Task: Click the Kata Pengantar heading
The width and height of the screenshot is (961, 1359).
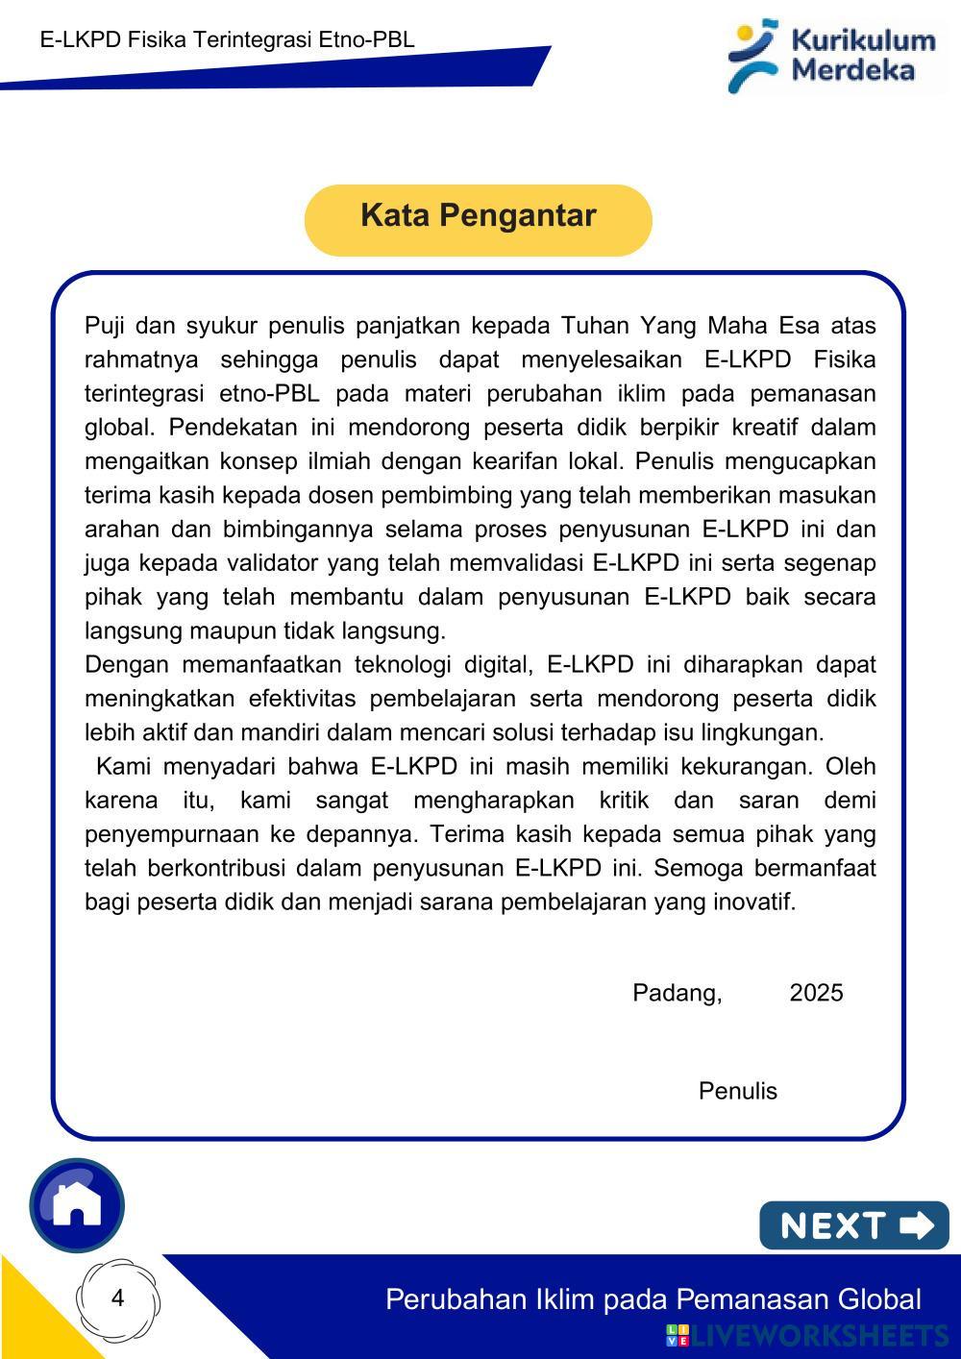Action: coord(478,216)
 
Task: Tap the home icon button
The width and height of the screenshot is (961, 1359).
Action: coord(77,1204)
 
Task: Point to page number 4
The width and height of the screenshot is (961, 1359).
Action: coord(118,1298)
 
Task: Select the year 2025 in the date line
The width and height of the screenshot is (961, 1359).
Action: coord(816,993)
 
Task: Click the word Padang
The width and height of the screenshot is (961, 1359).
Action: coord(677,993)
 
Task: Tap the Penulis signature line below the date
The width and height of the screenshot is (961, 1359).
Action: coord(737,1091)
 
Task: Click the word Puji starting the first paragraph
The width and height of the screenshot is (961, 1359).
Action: coord(106,326)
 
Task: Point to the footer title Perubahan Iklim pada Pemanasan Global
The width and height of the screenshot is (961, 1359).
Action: coord(653,1299)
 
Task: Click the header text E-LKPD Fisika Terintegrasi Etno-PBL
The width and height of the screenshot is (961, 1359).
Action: coord(228,40)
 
